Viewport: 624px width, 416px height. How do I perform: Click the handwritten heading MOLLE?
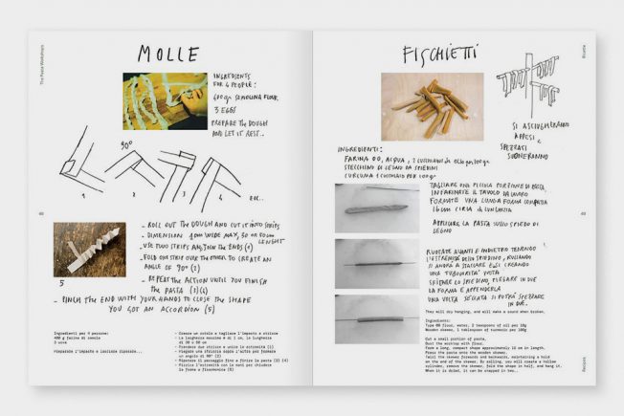point(167,55)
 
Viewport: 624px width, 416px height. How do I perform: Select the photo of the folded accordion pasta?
point(88,250)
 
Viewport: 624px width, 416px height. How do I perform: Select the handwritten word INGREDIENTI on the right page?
point(366,150)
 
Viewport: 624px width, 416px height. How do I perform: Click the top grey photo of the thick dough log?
point(376,208)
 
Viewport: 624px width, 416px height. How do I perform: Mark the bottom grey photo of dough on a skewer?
point(376,317)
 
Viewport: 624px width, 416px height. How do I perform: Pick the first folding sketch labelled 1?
point(81,172)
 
